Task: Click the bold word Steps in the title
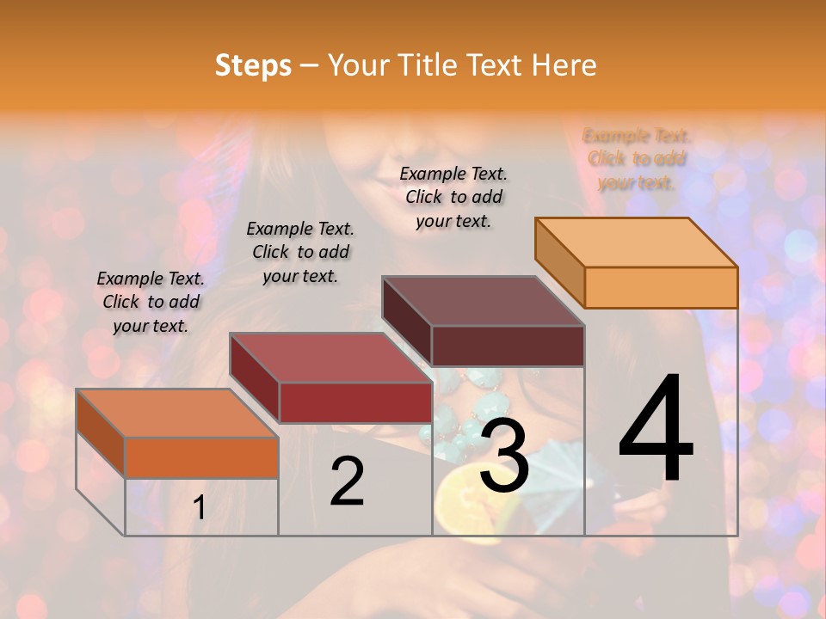click(x=253, y=65)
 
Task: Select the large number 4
click(x=656, y=430)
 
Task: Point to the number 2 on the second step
click(x=347, y=481)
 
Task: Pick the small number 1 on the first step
click(x=200, y=508)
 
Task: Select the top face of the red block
click(x=331, y=358)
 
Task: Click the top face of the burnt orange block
click(x=177, y=414)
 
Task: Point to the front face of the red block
click(x=355, y=402)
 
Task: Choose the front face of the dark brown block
click(x=508, y=346)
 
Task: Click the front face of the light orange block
click(x=661, y=287)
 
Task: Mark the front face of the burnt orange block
click(x=201, y=457)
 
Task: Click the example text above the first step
click(x=151, y=302)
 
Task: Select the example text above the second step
click(x=300, y=252)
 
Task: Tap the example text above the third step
click(x=453, y=197)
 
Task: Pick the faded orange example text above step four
click(x=637, y=159)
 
